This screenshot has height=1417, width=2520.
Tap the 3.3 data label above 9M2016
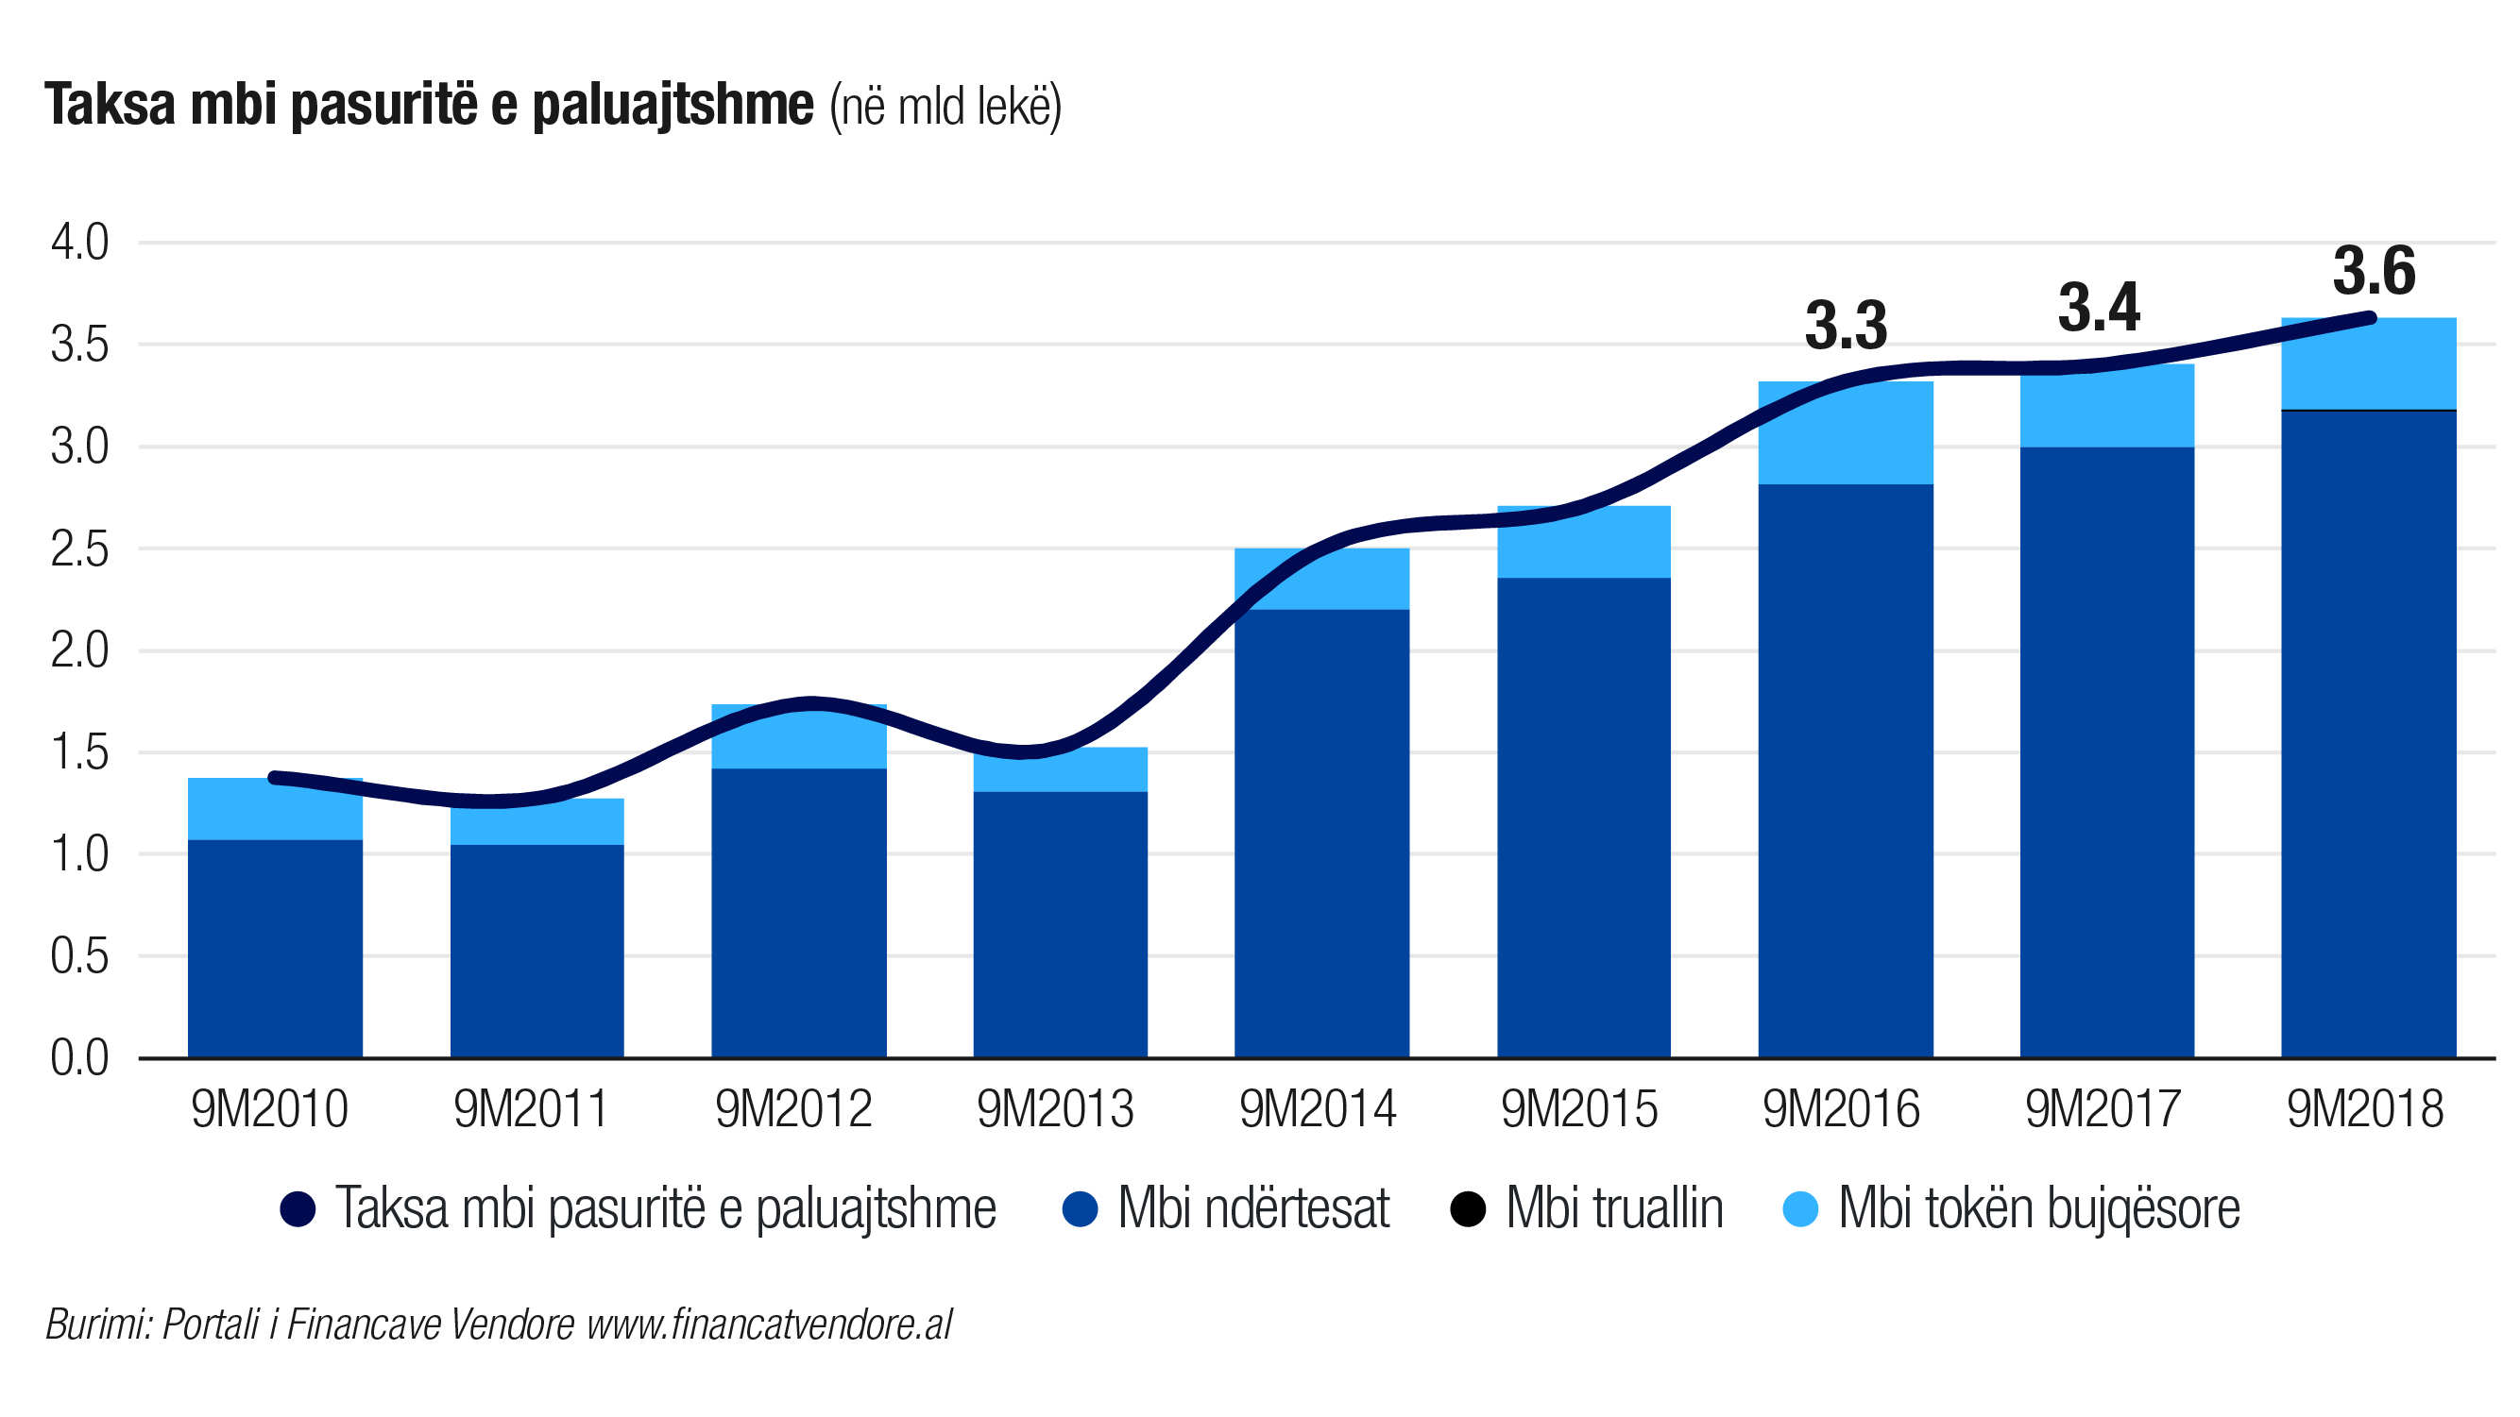1846,326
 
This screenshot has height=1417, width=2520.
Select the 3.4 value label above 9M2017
2100,307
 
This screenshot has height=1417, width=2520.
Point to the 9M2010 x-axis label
270,1109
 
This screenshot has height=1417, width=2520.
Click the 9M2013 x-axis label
1056,1109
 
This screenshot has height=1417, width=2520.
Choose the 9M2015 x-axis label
1580,1109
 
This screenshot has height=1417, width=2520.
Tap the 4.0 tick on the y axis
80,243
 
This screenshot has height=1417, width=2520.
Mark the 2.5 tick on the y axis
80,549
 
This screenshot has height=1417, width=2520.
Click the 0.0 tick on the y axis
80,1058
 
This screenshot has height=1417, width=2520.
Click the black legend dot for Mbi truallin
1468,1208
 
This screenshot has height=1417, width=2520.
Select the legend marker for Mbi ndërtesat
1080,1208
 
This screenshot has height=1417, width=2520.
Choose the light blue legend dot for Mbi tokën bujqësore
1800,1208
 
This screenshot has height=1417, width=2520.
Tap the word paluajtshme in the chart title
673,106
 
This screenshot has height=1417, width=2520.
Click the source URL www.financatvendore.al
769,1324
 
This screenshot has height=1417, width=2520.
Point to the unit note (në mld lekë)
945,108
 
